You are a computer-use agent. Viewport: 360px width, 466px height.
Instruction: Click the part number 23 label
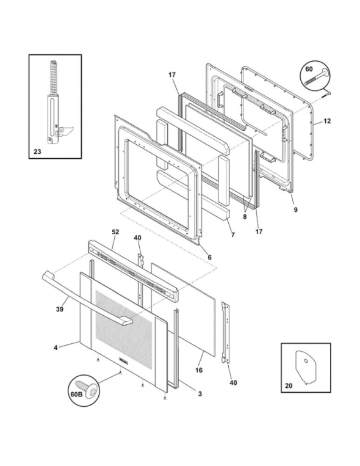[x=38, y=148]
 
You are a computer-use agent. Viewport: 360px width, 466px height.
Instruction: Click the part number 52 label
[x=116, y=232]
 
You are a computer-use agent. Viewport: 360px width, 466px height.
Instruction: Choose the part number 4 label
[x=56, y=348]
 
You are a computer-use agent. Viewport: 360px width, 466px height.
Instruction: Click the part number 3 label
[x=200, y=393]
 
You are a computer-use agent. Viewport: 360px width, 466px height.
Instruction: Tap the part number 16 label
[x=198, y=370]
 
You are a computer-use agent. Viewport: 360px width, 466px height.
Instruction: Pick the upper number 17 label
[x=172, y=75]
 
